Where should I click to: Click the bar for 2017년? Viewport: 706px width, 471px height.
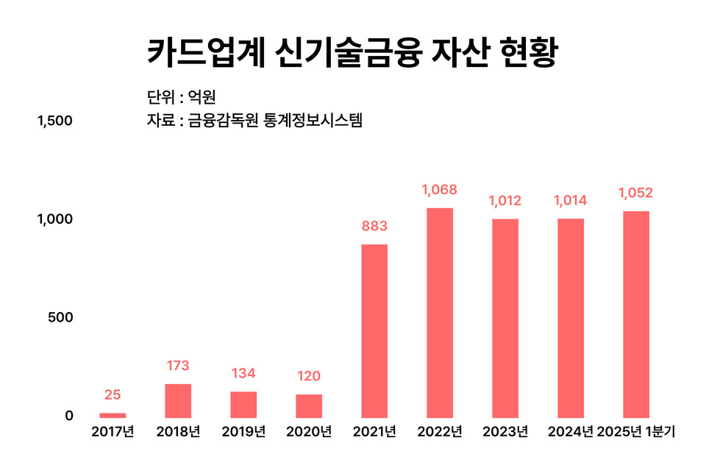pyautogui.click(x=113, y=415)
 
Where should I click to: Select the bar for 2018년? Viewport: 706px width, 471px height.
pyautogui.click(x=178, y=400)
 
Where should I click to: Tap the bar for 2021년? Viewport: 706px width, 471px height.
pyautogui.click(x=374, y=330)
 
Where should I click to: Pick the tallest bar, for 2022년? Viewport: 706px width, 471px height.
pyautogui.click(x=440, y=313)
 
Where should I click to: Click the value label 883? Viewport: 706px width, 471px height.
pyautogui.click(x=374, y=226)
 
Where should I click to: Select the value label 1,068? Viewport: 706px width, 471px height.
pyautogui.click(x=440, y=190)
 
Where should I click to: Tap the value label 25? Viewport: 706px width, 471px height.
pyautogui.click(x=113, y=395)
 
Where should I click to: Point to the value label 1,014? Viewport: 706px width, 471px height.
pyautogui.click(x=571, y=200)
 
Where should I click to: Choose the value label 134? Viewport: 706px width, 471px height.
pyautogui.click(x=243, y=373)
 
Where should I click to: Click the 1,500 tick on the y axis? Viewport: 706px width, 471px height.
pyautogui.click(x=55, y=121)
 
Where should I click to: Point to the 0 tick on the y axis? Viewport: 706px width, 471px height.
pyautogui.click(x=69, y=415)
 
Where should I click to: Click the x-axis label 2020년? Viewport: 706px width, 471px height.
pyautogui.click(x=309, y=431)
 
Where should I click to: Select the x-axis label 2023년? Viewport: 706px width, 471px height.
pyautogui.click(x=505, y=431)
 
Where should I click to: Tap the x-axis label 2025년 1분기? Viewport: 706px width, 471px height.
pyautogui.click(x=636, y=431)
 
